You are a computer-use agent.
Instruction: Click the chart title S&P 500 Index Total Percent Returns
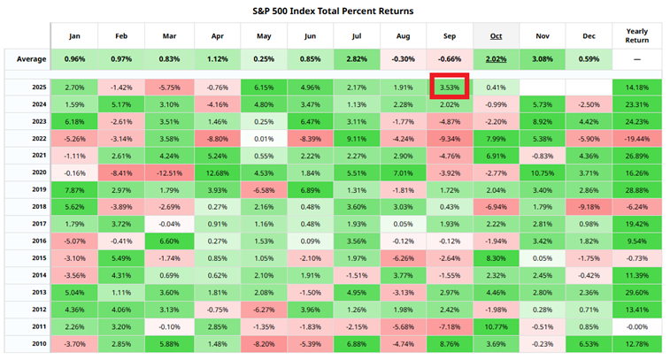(335, 10)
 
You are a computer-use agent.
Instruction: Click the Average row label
(26, 59)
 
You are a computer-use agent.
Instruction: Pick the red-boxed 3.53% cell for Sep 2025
(450, 88)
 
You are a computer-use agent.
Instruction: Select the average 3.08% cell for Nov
(543, 59)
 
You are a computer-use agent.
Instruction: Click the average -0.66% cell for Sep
(450, 59)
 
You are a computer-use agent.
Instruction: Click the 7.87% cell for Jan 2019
(74, 190)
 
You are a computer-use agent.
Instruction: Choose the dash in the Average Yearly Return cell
(636, 59)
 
